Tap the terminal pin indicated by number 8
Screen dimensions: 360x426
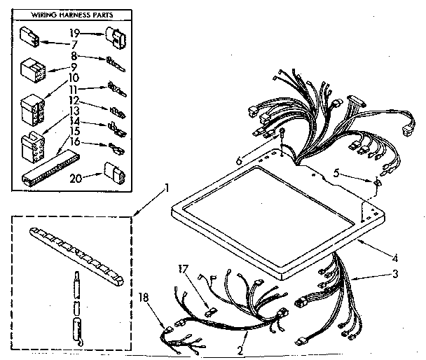(x=113, y=62)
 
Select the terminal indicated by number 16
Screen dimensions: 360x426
(x=114, y=147)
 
